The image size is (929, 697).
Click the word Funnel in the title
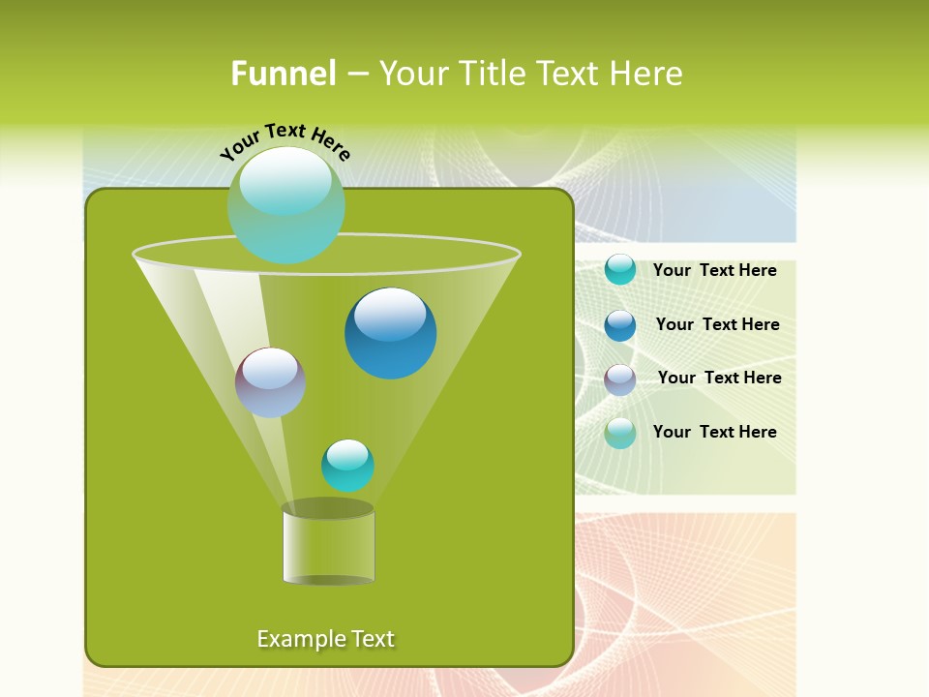283,74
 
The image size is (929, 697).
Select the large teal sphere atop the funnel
286,205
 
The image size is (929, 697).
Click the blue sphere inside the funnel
391,333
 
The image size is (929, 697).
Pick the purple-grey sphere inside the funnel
270,382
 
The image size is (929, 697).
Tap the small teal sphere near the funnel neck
347,466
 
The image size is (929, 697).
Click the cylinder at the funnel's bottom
328,545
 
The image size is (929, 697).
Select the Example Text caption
326,639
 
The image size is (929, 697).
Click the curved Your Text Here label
285,141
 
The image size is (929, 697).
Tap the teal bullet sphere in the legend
620,270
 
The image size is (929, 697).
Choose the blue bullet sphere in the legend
620,325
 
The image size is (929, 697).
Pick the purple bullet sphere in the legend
620,379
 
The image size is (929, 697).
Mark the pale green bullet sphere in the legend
620,433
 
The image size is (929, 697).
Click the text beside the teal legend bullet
715,271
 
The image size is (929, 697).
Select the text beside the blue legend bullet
718,325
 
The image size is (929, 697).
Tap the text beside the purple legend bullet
720,379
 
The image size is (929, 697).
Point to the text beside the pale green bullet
715,433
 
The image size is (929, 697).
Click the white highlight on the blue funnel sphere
391,313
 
